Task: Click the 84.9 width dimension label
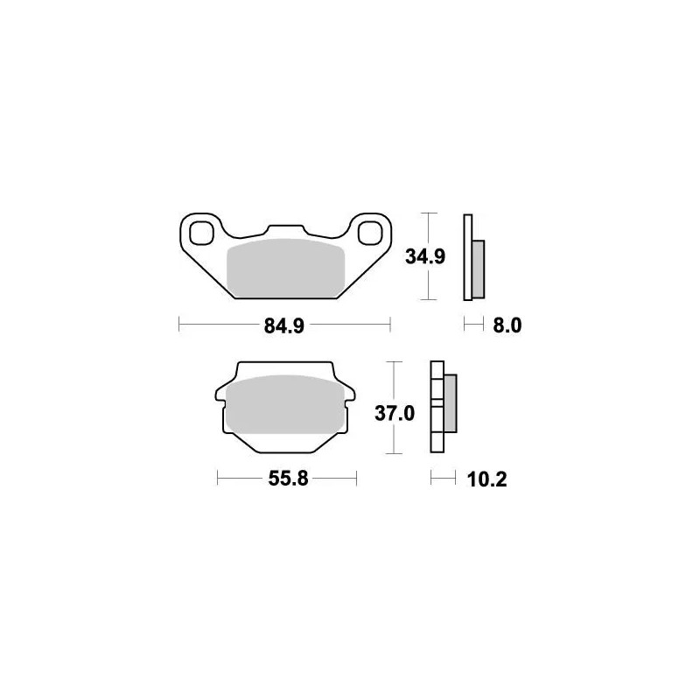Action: pos(284,326)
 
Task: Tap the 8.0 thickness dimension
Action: pos(507,326)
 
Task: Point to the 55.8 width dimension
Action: pos(286,479)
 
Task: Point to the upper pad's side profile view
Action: pos(473,256)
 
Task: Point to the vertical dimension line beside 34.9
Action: pos(426,280)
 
